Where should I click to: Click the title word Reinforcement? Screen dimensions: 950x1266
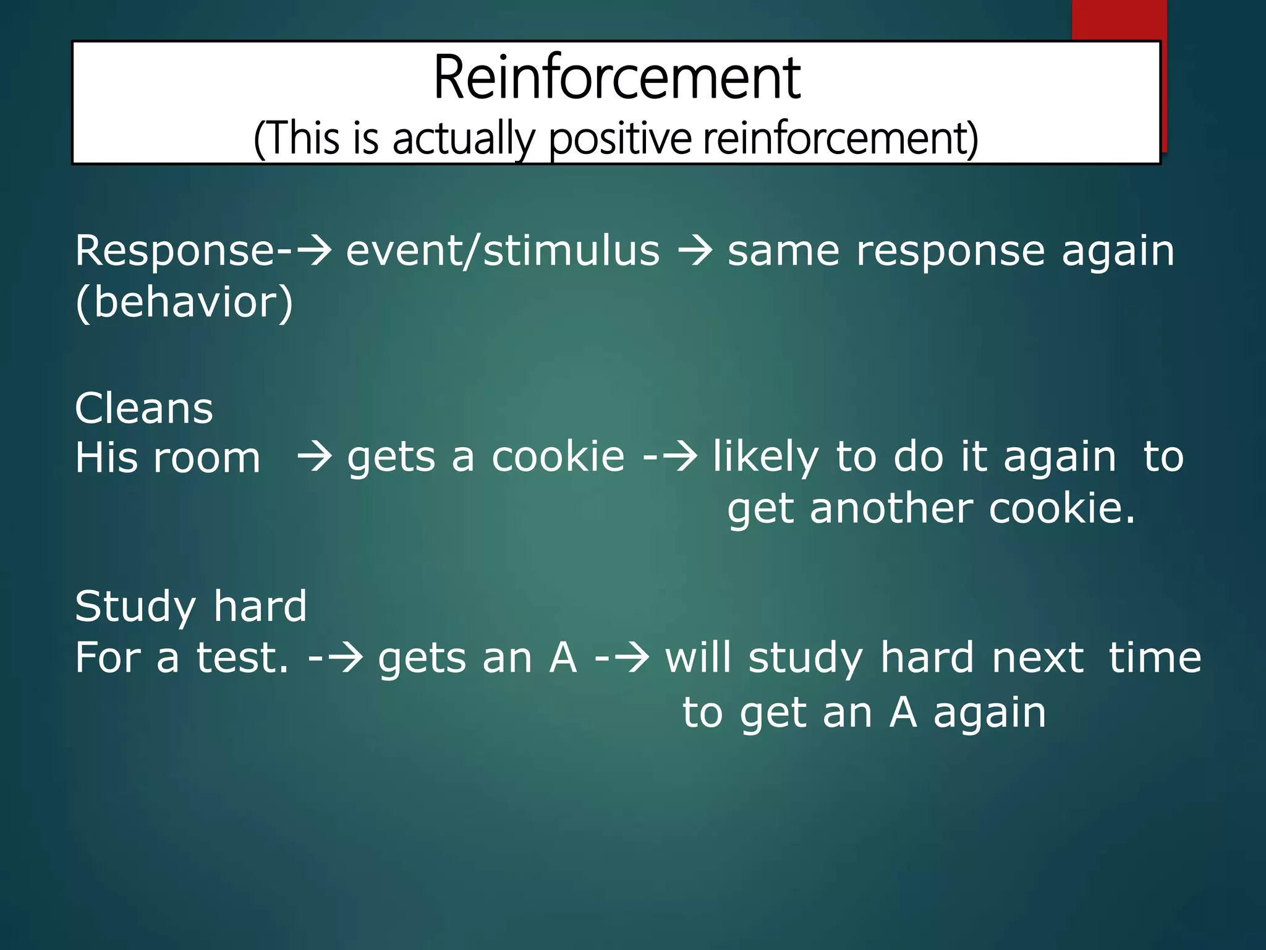pyautogui.click(x=617, y=78)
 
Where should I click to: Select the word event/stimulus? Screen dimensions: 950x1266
pyautogui.click(x=503, y=251)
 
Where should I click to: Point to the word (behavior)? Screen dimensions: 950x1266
pyautogui.click(x=184, y=302)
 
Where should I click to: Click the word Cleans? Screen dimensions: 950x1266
pyautogui.click(x=144, y=409)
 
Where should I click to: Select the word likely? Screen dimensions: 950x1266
pyautogui.click(x=765, y=458)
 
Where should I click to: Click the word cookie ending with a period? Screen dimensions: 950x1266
pyautogui.click(x=1061, y=508)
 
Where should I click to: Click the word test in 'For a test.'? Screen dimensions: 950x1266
pyautogui.click(x=242, y=657)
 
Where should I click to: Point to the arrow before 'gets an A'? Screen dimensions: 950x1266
pyautogui.click(x=345, y=658)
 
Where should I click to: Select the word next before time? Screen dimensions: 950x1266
pyautogui.click(x=1037, y=657)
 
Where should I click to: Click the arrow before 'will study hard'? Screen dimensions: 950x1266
pyautogui.click(x=631, y=658)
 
